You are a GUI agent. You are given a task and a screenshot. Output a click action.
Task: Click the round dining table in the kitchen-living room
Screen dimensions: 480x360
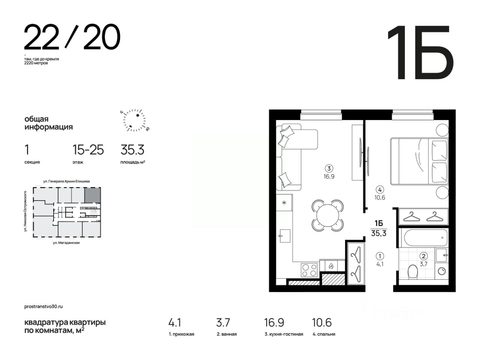coord(327,216)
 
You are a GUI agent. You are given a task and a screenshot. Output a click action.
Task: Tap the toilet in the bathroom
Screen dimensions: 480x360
coord(412,271)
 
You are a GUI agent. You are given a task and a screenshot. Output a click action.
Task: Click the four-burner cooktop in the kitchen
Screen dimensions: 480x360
coord(309,270)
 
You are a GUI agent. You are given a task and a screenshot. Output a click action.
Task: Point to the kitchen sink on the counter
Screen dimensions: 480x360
coord(285,236)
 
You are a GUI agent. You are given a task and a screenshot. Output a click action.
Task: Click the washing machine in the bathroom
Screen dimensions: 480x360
coord(441,271)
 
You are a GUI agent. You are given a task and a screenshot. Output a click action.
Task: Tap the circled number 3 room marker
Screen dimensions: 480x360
coord(328,168)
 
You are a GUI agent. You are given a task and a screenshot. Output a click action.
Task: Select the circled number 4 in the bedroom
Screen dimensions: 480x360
coord(379,189)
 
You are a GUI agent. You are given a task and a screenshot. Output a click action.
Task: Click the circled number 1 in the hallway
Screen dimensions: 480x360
coord(379,256)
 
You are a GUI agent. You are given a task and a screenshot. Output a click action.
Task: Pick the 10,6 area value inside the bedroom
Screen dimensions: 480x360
coord(379,198)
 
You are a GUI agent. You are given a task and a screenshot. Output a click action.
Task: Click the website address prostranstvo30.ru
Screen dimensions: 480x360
coord(43,307)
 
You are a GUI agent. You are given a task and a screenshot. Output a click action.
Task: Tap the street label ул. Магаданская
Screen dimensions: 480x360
coord(66,243)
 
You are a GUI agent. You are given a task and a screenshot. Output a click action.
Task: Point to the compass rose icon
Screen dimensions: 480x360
coord(135,120)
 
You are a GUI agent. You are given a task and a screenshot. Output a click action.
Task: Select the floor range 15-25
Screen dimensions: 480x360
coord(88,150)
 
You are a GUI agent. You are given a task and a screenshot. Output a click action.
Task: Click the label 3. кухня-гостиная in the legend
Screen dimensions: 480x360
coord(284,334)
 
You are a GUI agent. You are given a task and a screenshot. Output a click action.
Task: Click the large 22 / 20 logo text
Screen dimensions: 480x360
coord(72,37)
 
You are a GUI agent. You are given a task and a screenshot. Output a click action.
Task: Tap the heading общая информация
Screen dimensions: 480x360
coord(48,123)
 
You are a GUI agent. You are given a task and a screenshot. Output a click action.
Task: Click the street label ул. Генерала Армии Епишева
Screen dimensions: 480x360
coord(66,181)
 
